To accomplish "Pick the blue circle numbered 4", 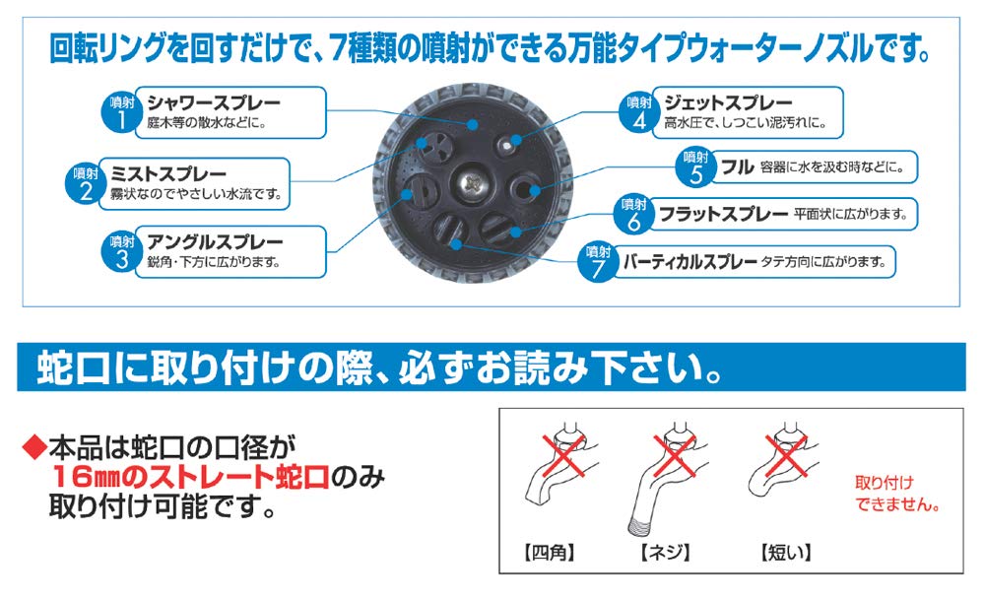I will [x=635, y=109].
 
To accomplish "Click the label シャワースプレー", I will [x=213, y=102].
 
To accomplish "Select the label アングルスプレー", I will [x=214, y=241].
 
